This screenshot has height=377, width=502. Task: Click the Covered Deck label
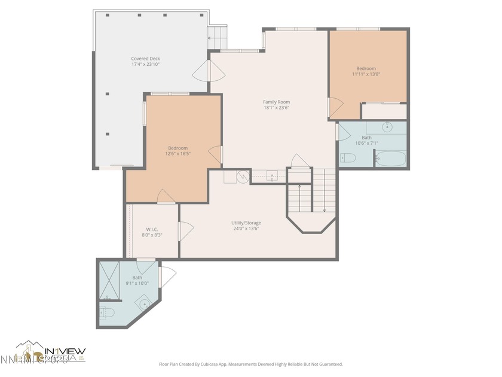pyautogui.click(x=145, y=59)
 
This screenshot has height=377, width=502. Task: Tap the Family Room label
pyautogui.click(x=276, y=102)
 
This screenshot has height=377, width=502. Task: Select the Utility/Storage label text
pyautogui.click(x=246, y=223)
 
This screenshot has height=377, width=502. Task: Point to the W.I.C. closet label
pyautogui.click(x=152, y=229)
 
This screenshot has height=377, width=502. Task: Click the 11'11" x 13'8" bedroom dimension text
pyautogui.click(x=366, y=74)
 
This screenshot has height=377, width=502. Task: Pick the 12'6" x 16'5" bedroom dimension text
pyautogui.click(x=177, y=154)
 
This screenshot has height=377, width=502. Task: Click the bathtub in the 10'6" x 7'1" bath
pyautogui.click(x=391, y=159)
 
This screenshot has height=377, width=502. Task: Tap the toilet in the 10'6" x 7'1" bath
pyautogui.click(x=348, y=158)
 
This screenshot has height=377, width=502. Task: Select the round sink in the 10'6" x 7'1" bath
pyautogui.click(x=387, y=127)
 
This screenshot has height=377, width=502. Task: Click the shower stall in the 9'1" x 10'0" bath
pyautogui.click(x=109, y=280)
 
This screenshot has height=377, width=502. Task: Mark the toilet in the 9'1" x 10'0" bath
pyautogui.click(x=106, y=312)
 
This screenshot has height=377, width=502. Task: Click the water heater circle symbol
pyautogui.click(x=243, y=176)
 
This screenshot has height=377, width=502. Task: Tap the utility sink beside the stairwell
pyautogui.click(x=272, y=176)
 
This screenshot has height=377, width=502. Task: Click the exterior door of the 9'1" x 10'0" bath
pyautogui.click(x=167, y=276)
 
